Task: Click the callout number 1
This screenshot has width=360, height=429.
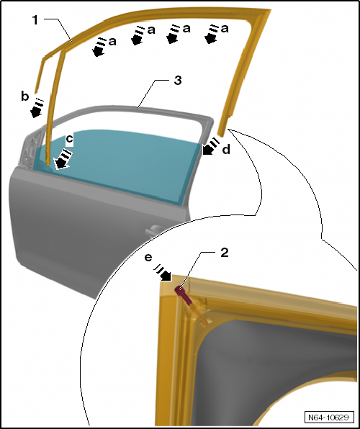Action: (35, 20)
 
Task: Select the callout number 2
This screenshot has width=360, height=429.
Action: (224, 253)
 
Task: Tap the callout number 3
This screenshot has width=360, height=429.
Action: (178, 81)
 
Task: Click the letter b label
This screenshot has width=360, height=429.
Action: (25, 96)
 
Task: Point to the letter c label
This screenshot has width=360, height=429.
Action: (70, 139)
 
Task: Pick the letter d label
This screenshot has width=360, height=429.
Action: (226, 150)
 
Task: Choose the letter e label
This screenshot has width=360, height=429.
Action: (148, 258)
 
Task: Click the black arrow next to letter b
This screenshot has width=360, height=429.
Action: (37, 109)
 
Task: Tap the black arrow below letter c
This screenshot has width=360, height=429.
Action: (63, 159)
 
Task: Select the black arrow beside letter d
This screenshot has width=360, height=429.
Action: (210, 147)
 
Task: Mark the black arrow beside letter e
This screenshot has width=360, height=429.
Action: (163, 273)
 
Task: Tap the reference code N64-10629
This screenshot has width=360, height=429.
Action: (328, 417)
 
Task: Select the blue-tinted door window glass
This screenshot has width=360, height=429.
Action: (117, 164)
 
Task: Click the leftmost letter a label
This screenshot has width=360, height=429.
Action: (112, 42)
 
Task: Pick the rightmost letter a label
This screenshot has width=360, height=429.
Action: (225, 29)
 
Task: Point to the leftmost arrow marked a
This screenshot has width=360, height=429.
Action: (99, 47)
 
